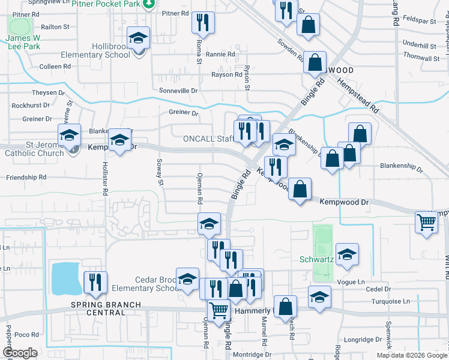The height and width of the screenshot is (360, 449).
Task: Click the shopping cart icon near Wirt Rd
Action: (x=426, y=223)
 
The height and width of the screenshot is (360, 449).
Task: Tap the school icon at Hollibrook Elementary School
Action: (x=139, y=40)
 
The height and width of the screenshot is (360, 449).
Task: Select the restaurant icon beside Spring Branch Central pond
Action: (x=96, y=283)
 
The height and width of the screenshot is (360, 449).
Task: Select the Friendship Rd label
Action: (x=26, y=178)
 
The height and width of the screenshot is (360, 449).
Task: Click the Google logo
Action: (x=20, y=353)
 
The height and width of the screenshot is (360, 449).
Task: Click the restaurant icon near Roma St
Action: (x=203, y=23)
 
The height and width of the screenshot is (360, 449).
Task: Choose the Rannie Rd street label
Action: (x=223, y=55)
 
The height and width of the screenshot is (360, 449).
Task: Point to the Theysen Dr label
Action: (x=48, y=93)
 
